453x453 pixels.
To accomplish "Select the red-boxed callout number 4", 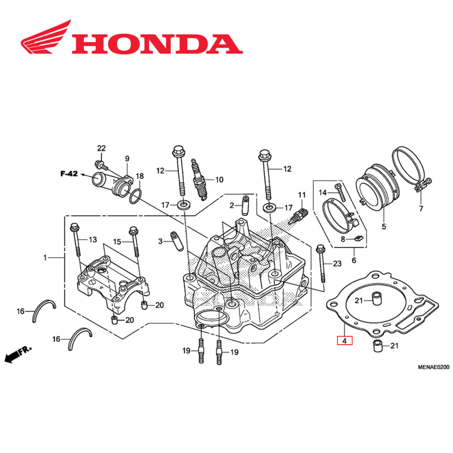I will [344, 340].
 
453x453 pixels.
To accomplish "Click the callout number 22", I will [101, 149].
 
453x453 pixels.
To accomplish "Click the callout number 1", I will [45, 257].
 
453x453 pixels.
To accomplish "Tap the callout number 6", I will [354, 260].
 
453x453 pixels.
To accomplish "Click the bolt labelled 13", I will [75, 240].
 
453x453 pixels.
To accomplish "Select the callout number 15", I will [117, 242].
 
